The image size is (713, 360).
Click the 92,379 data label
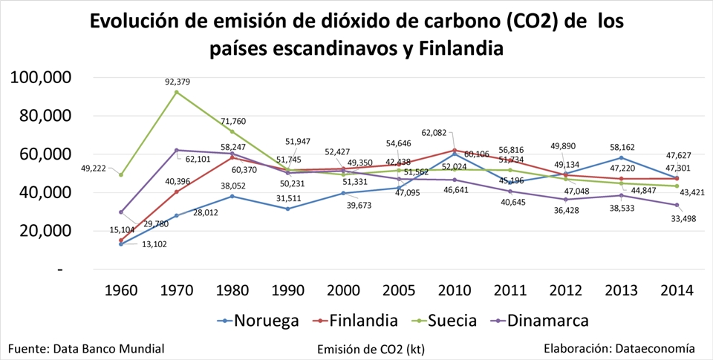pos(178,82)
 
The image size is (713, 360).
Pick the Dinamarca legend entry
pos(547,321)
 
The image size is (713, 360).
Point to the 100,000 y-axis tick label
pos(40,78)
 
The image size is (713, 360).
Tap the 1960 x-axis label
pos(121,289)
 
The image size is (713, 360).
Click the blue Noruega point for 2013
pos(621,157)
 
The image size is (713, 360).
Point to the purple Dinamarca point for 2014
pos(677,205)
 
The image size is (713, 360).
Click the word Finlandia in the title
pos(461,50)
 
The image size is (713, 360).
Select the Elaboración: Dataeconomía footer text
pos(619,347)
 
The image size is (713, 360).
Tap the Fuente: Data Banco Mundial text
pos(86,347)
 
